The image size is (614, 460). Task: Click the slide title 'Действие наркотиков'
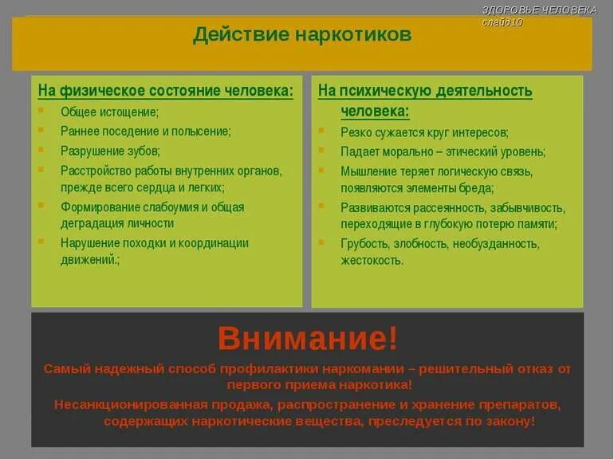point(302,35)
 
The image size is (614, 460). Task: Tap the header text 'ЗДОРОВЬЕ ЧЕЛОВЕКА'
point(539,10)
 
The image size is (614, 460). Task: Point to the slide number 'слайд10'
point(502,22)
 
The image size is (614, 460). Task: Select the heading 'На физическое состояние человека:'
point(166,91)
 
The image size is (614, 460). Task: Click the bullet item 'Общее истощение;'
point(109,112)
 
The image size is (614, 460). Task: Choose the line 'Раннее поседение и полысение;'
point(145,131)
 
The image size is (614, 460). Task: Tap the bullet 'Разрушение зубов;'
point(110,150)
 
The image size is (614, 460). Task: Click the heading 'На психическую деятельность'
point(425,91)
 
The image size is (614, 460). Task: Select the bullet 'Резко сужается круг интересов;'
point(424,132)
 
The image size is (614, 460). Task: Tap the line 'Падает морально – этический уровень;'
point(443,151)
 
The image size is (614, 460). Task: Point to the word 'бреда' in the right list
point(475,188)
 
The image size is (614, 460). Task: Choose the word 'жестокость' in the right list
point(371,260)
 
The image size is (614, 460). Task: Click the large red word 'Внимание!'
point(307,339)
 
